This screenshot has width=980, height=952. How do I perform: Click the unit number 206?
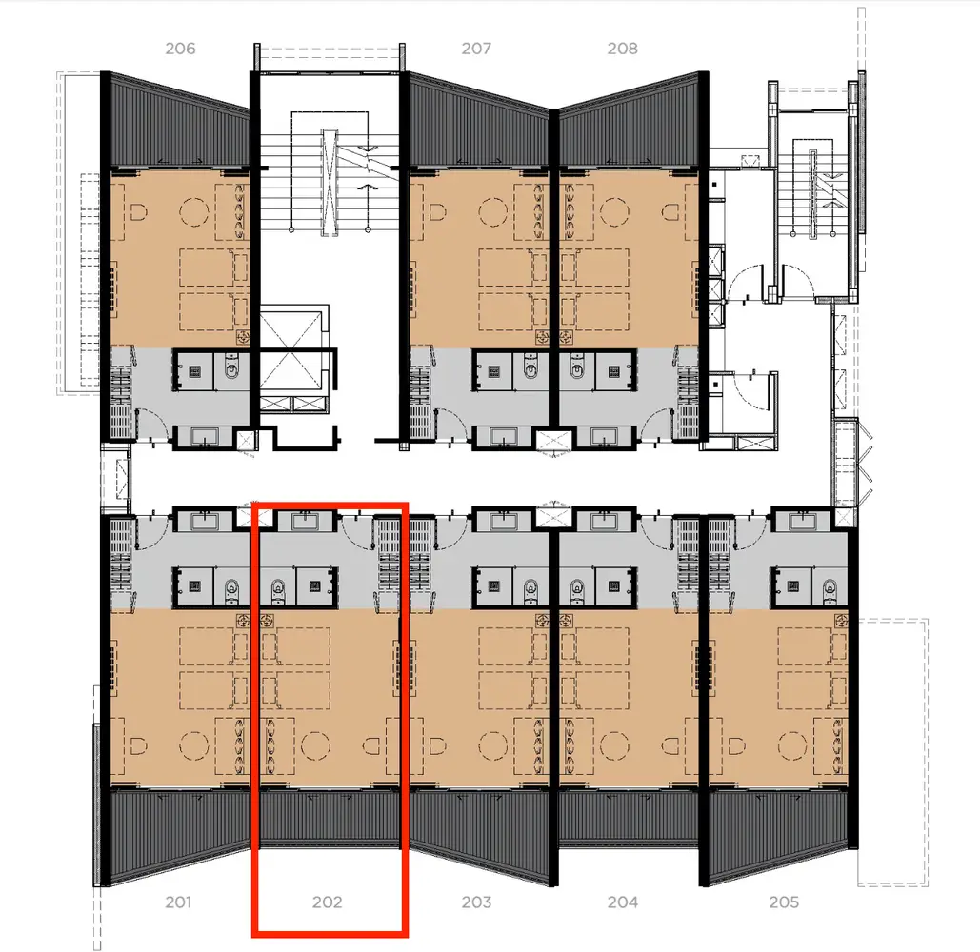(180, 49)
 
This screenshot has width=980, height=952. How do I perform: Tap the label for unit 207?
(475, 49)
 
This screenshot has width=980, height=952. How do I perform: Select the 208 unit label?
(622, 49)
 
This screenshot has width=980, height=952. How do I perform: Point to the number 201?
(178, 902)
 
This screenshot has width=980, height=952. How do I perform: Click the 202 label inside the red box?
(327, 902)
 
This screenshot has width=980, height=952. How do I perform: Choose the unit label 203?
(476, 902)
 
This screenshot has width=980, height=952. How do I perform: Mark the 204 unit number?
(623, 902)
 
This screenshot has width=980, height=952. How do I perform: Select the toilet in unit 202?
(278, 590)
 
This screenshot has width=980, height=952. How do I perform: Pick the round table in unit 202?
(313, 744)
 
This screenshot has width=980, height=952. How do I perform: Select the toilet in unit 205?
(828, 590)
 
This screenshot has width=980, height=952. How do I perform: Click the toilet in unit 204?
(577, 590)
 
